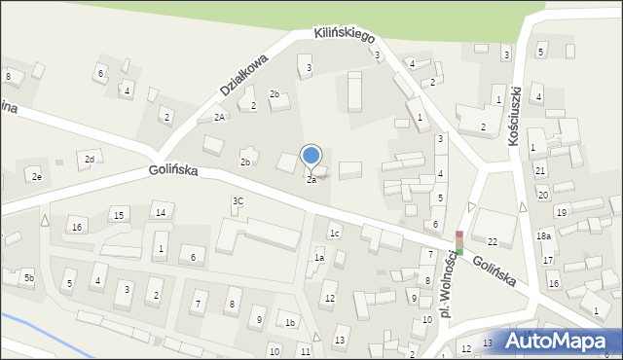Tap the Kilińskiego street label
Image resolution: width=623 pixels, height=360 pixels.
tap(345, 34)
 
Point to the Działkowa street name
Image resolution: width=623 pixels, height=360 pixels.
tap(242, 74)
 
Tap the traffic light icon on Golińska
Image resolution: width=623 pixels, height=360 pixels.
tap(459, 242)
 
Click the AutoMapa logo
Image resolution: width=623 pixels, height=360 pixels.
tap(566, 341)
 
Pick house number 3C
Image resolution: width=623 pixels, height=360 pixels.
tap(238, 200)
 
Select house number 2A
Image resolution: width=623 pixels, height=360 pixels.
tap(220, 117)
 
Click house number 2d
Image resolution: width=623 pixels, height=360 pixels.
tap(90, 159)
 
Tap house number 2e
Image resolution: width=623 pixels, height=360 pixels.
tap(36, 176)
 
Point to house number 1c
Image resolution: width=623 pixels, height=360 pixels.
tap(334, 233)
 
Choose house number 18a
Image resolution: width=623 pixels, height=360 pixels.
tap(543, 235)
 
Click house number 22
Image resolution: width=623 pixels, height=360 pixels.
tap(493, 241)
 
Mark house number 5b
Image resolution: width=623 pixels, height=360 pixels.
tap(29, 278)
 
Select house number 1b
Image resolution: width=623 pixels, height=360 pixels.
tap(289, 322)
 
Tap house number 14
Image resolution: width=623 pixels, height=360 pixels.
tap(161, 212)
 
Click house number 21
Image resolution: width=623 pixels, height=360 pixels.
tap(540, 170)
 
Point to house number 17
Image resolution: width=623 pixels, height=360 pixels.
tap(548, 260)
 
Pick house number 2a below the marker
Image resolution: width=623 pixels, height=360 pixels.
tap(311, 180)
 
